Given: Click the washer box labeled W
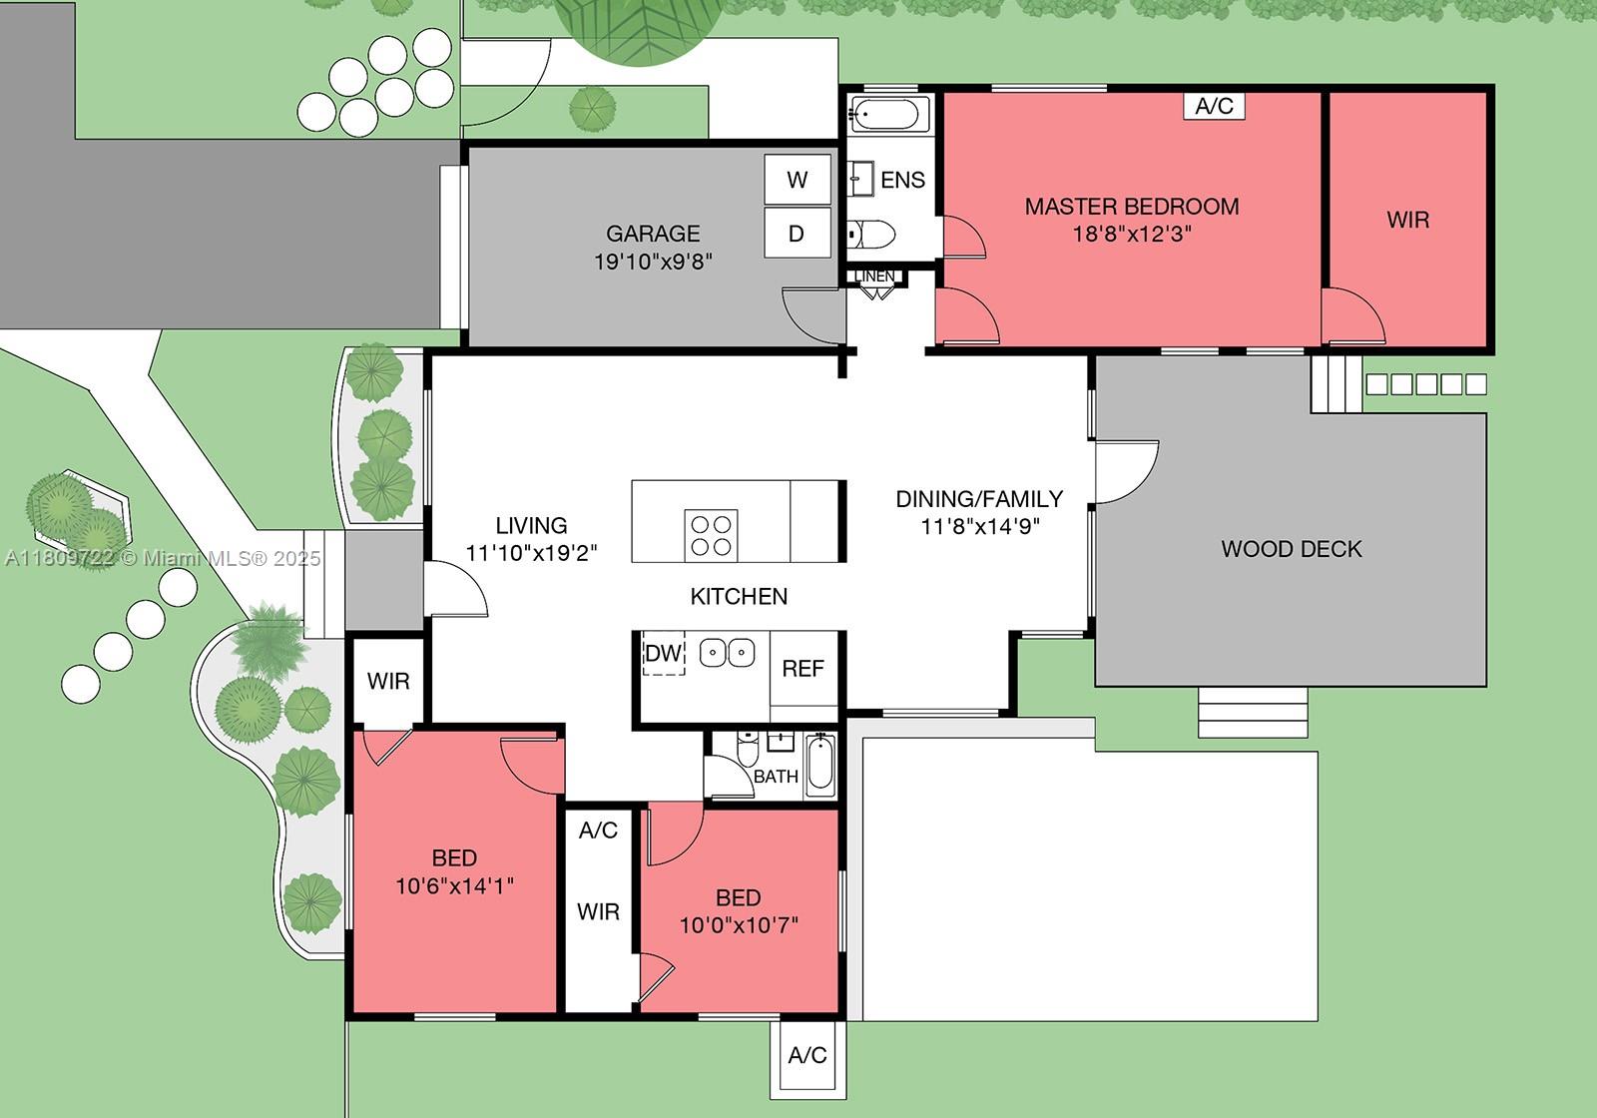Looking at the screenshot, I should (x=797, y=180).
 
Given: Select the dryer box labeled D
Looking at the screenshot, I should (x=797, y=234).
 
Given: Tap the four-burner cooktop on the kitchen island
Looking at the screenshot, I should (x=711, y=534).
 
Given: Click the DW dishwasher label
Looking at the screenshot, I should (x=663, y=654).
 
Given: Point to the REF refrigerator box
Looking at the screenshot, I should (x=802, y=668).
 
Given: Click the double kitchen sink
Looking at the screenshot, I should (x=727, y=653).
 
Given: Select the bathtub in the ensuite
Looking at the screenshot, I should (x=889, y=114).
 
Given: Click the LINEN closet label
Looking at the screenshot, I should (x=875, y=277).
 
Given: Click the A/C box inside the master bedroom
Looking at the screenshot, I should (x=1214, y=106).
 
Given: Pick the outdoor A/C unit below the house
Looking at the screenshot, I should (x=807, y=1055).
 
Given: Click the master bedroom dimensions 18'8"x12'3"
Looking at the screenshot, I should (x=1132, y=235).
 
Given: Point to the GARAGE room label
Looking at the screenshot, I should (x=653, y=234).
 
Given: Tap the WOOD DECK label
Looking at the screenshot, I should (x=1291, y=549).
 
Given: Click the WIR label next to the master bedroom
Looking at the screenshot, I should (x=1407, y=220).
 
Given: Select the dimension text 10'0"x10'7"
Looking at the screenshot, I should (x=739, y=925).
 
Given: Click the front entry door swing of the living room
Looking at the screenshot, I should (x=454, y=589).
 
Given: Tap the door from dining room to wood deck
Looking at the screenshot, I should (x=1126, y=471).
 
